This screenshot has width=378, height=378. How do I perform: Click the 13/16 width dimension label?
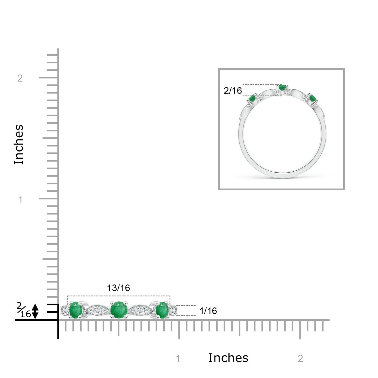(x=118, y=288)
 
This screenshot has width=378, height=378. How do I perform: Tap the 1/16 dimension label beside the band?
(x=208, y=311)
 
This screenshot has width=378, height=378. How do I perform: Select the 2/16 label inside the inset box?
(x=233, y=91)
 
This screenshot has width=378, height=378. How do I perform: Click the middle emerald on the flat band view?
(x=119, y=310)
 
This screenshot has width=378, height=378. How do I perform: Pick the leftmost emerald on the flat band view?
(x=76, y=311)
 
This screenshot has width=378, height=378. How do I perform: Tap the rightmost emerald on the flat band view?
(x=162, y=310)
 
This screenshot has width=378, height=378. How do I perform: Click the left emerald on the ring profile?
(x=252, y=98)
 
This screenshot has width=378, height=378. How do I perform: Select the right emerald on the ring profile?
(x=312, y=98)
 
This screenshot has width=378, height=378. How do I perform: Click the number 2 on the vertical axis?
(x=20, y=78)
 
